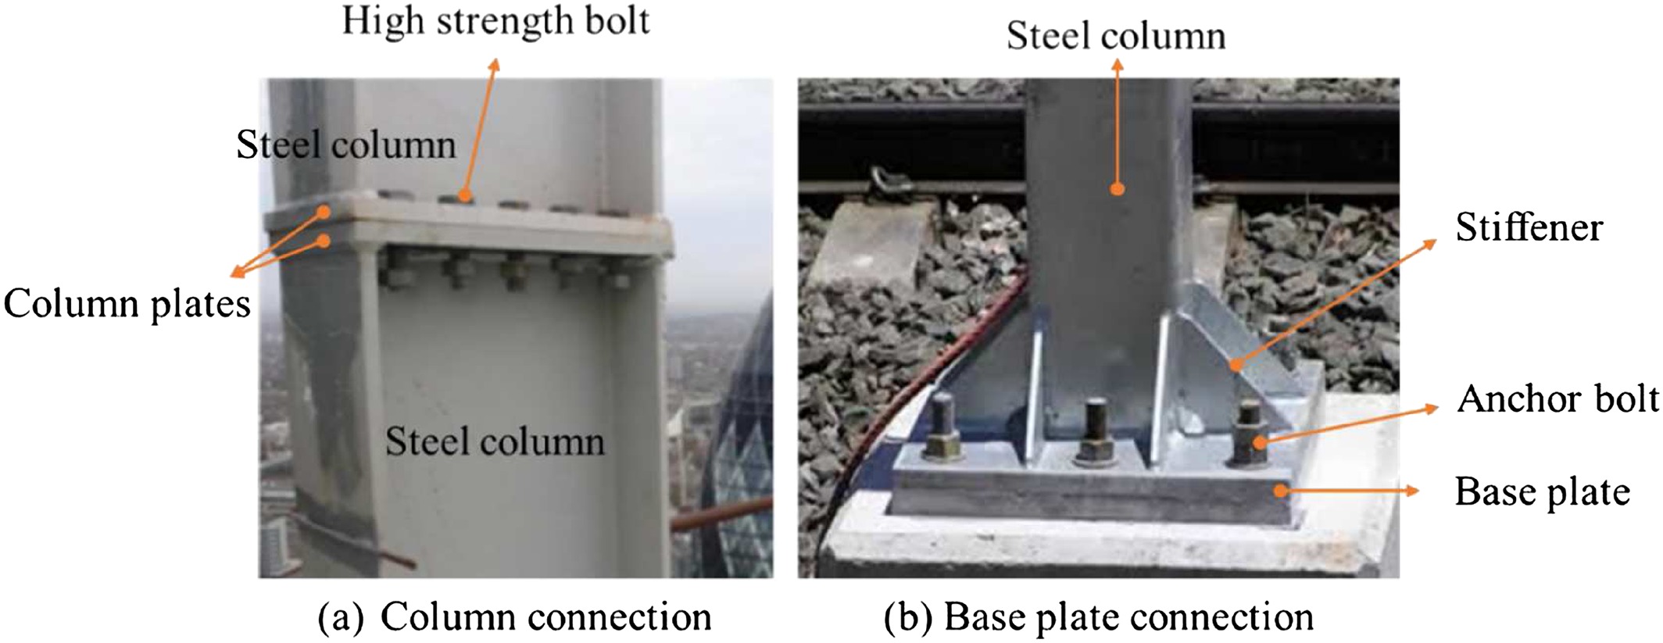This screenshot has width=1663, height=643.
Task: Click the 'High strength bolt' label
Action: pos(495,21)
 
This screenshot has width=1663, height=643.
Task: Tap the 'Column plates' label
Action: pos(127,303)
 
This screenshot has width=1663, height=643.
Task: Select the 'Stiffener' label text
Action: pos(1529,227)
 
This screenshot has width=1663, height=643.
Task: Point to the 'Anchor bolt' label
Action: pos(1557,398)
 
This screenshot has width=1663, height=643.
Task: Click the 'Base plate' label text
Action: pos(1542,491)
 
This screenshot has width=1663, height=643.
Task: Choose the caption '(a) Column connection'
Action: pos(514,616)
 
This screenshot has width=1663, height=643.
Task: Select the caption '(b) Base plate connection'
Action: pos(1098,616)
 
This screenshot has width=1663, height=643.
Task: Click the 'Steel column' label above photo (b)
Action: pos(1116,36)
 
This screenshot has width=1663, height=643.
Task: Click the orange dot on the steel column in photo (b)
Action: pos(1118,189)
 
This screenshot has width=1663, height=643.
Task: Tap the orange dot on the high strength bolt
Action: pos(465,196)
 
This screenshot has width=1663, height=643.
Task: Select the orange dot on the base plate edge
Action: pos(1280,491)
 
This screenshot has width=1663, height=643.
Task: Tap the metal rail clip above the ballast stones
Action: pos(886,186)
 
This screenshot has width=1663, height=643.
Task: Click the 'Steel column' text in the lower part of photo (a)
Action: pos(495,441)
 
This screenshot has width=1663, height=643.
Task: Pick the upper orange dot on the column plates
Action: pos(324,211)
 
